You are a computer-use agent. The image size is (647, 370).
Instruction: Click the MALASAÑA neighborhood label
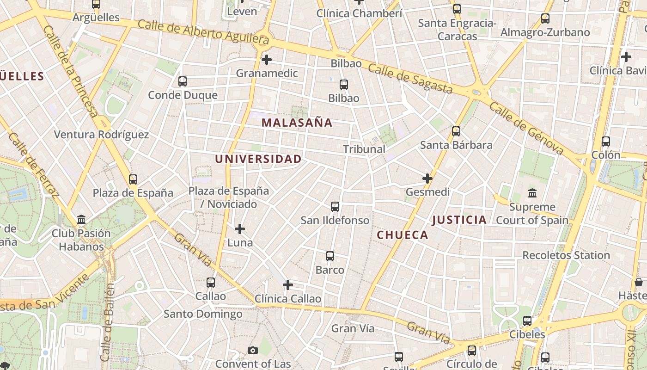click(x=297, y=123)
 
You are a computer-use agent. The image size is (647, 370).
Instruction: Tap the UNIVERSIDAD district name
click(x=258, y=159)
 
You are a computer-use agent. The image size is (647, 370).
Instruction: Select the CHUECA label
click(x=403, y=235)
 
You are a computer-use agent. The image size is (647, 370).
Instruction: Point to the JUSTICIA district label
click(x=459, y=220)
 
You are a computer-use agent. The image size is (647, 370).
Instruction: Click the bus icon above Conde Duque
click(x=183, y=81)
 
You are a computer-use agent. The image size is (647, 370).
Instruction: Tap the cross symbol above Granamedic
click(x=267, y=60)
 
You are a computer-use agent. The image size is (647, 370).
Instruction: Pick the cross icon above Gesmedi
click(x=427, y=178)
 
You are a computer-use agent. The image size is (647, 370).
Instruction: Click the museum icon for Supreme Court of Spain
click(x=532, y=193)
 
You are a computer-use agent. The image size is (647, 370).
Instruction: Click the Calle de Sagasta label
click(x=410, y=79)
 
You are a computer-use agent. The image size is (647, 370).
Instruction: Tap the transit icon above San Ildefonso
click(x=335, y=207)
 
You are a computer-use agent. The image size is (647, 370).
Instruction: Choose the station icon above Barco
click(x=330, y=256)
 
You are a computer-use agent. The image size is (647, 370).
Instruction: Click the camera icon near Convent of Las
click(x=252, y=350)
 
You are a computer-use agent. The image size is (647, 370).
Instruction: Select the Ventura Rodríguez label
click(x=102, y=135)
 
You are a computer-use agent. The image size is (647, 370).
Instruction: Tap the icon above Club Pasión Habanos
click(x=81, y=219)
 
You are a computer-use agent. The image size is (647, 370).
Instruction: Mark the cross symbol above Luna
click(x=240, y=229)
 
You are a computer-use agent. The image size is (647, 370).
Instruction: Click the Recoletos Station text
click(x=566, y=255)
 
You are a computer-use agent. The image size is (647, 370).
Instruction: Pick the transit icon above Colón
click(x=606, y=142)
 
